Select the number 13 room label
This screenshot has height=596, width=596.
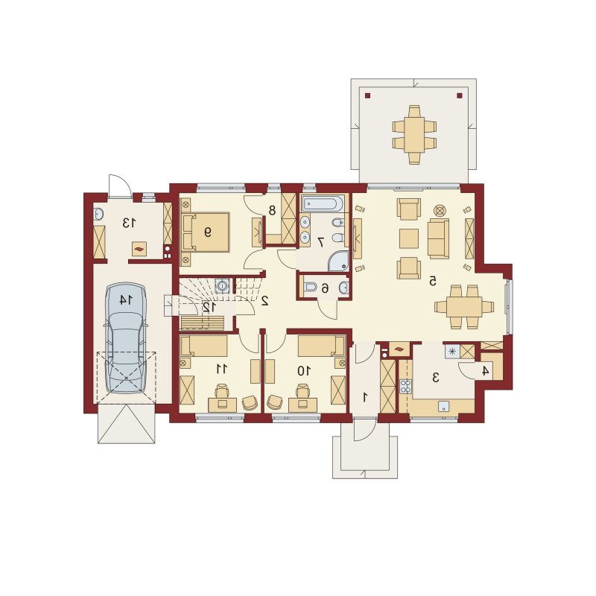click(129, 223)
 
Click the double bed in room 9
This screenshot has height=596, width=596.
click(206, 232)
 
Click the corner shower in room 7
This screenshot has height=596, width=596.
click(339, 261)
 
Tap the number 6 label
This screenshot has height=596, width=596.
click(325, 289)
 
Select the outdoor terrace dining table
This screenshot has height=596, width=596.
click(414, 135)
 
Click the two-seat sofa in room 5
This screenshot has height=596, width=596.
click(438, 238)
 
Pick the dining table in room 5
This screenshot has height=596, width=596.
click(464, 306)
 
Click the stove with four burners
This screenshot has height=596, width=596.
click(405, 386)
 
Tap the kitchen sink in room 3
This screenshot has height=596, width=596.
click(443, 406)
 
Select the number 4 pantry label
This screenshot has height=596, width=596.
click(485, 370)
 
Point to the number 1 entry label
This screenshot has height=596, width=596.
click(365, 398)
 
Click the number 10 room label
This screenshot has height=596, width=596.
click(304, 370)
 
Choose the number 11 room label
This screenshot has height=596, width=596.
click(221, 369)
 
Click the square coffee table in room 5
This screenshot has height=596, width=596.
click(408, 238)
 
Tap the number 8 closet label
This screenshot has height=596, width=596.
click(272, 210)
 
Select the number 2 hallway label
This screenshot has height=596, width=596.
click(265, 301)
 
